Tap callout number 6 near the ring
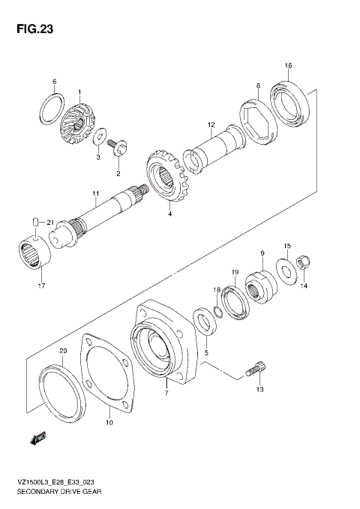coord(54,81)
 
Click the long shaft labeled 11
coord(105,214)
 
